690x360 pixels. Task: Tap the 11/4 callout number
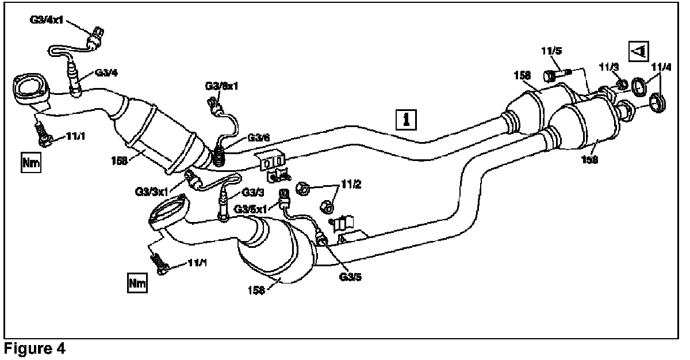pyautogui.click(x=661, y=67)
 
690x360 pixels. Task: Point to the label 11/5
pyautogui.click(x=550, y=51)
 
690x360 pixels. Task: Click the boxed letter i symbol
pyautogui.click(x=408, y=119)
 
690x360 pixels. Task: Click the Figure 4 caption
pyautogui.click(x=34, y=348)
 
